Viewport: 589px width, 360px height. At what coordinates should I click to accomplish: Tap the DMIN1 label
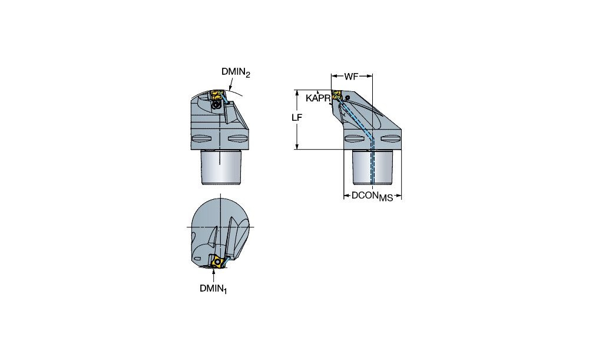pos(213,289)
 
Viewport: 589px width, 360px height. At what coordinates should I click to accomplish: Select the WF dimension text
pos(351,77)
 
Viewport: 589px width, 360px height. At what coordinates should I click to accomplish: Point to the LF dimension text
pos(297,118)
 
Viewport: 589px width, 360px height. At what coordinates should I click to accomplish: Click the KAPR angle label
pos(318,98)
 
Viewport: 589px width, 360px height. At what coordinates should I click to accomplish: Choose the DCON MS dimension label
pos(372,196)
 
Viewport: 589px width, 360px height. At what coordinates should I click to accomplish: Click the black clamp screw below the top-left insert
pos(216,105)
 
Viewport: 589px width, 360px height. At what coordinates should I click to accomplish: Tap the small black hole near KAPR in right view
pos(348,97)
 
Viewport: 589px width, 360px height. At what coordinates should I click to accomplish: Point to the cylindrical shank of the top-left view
pos(221,167)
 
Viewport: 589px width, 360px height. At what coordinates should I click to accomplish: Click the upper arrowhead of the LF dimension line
pos(297,93)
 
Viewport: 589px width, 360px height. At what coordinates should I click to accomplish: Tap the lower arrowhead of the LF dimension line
pos(297,147)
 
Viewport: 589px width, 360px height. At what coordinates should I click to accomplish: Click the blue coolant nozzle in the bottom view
pos(227,259)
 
